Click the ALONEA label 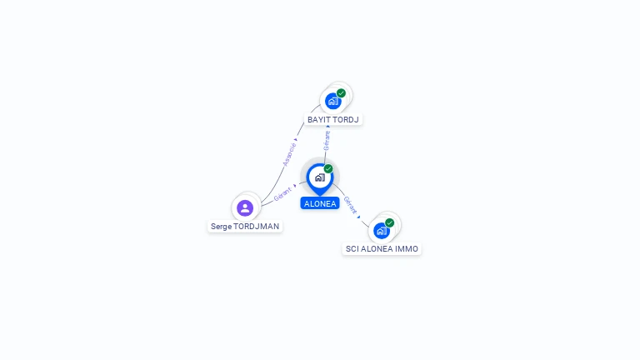coord(320,203)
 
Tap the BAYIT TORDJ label coord(332,119)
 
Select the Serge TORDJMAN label coord(245,226)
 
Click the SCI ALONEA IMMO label coord(382,248)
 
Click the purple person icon coord(245,207)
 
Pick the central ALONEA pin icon coord(319,177)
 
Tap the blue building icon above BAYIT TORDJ coord(332,102)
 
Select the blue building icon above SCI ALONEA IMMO coord(381,230)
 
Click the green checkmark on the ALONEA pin coord(328,169)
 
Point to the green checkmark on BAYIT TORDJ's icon coord(341,93)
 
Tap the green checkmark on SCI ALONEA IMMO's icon coord(389,222)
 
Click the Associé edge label coord(289,153)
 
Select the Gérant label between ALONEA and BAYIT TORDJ coord(327,139)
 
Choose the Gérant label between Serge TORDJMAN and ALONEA coord(282,195)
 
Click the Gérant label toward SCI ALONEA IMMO coord(351,206)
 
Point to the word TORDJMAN coord(257,226)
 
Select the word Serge coord(221,226)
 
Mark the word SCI coord(352,248)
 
